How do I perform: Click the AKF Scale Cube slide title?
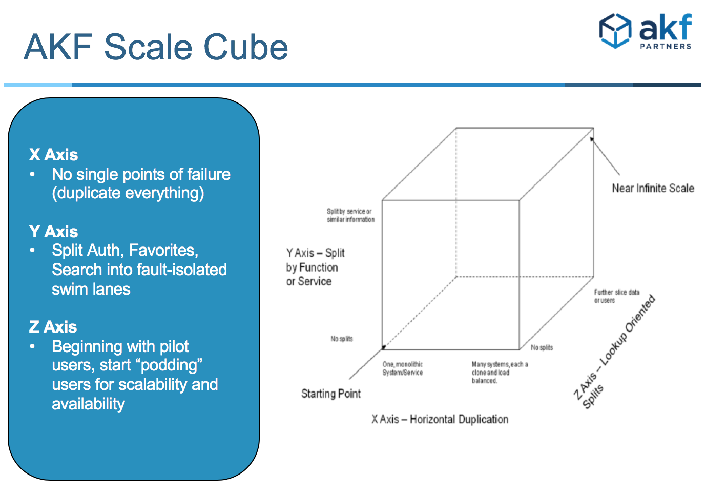[156, 47]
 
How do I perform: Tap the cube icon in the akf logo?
[615, 31]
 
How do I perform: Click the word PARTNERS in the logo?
[666, 46]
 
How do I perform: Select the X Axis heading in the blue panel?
[53, 154]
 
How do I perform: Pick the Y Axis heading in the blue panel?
[53, 232]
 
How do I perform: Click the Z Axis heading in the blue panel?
[53, 326]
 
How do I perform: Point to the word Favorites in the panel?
[163, 250]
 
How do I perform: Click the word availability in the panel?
[88, 404]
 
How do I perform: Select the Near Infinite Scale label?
[653, 188]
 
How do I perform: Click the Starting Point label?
[330, 394]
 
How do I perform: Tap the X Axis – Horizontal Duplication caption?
[440, 419]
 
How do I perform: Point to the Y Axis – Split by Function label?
[315, 267]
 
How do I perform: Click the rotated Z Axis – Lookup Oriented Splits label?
[614, 352]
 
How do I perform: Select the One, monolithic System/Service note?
[403, 368]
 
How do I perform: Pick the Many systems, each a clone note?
[500, 373]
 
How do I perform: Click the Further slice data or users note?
[617, 296]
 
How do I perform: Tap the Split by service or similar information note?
[350, 215]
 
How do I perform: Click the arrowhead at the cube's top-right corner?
[592, 139]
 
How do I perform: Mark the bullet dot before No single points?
[32, 174]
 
